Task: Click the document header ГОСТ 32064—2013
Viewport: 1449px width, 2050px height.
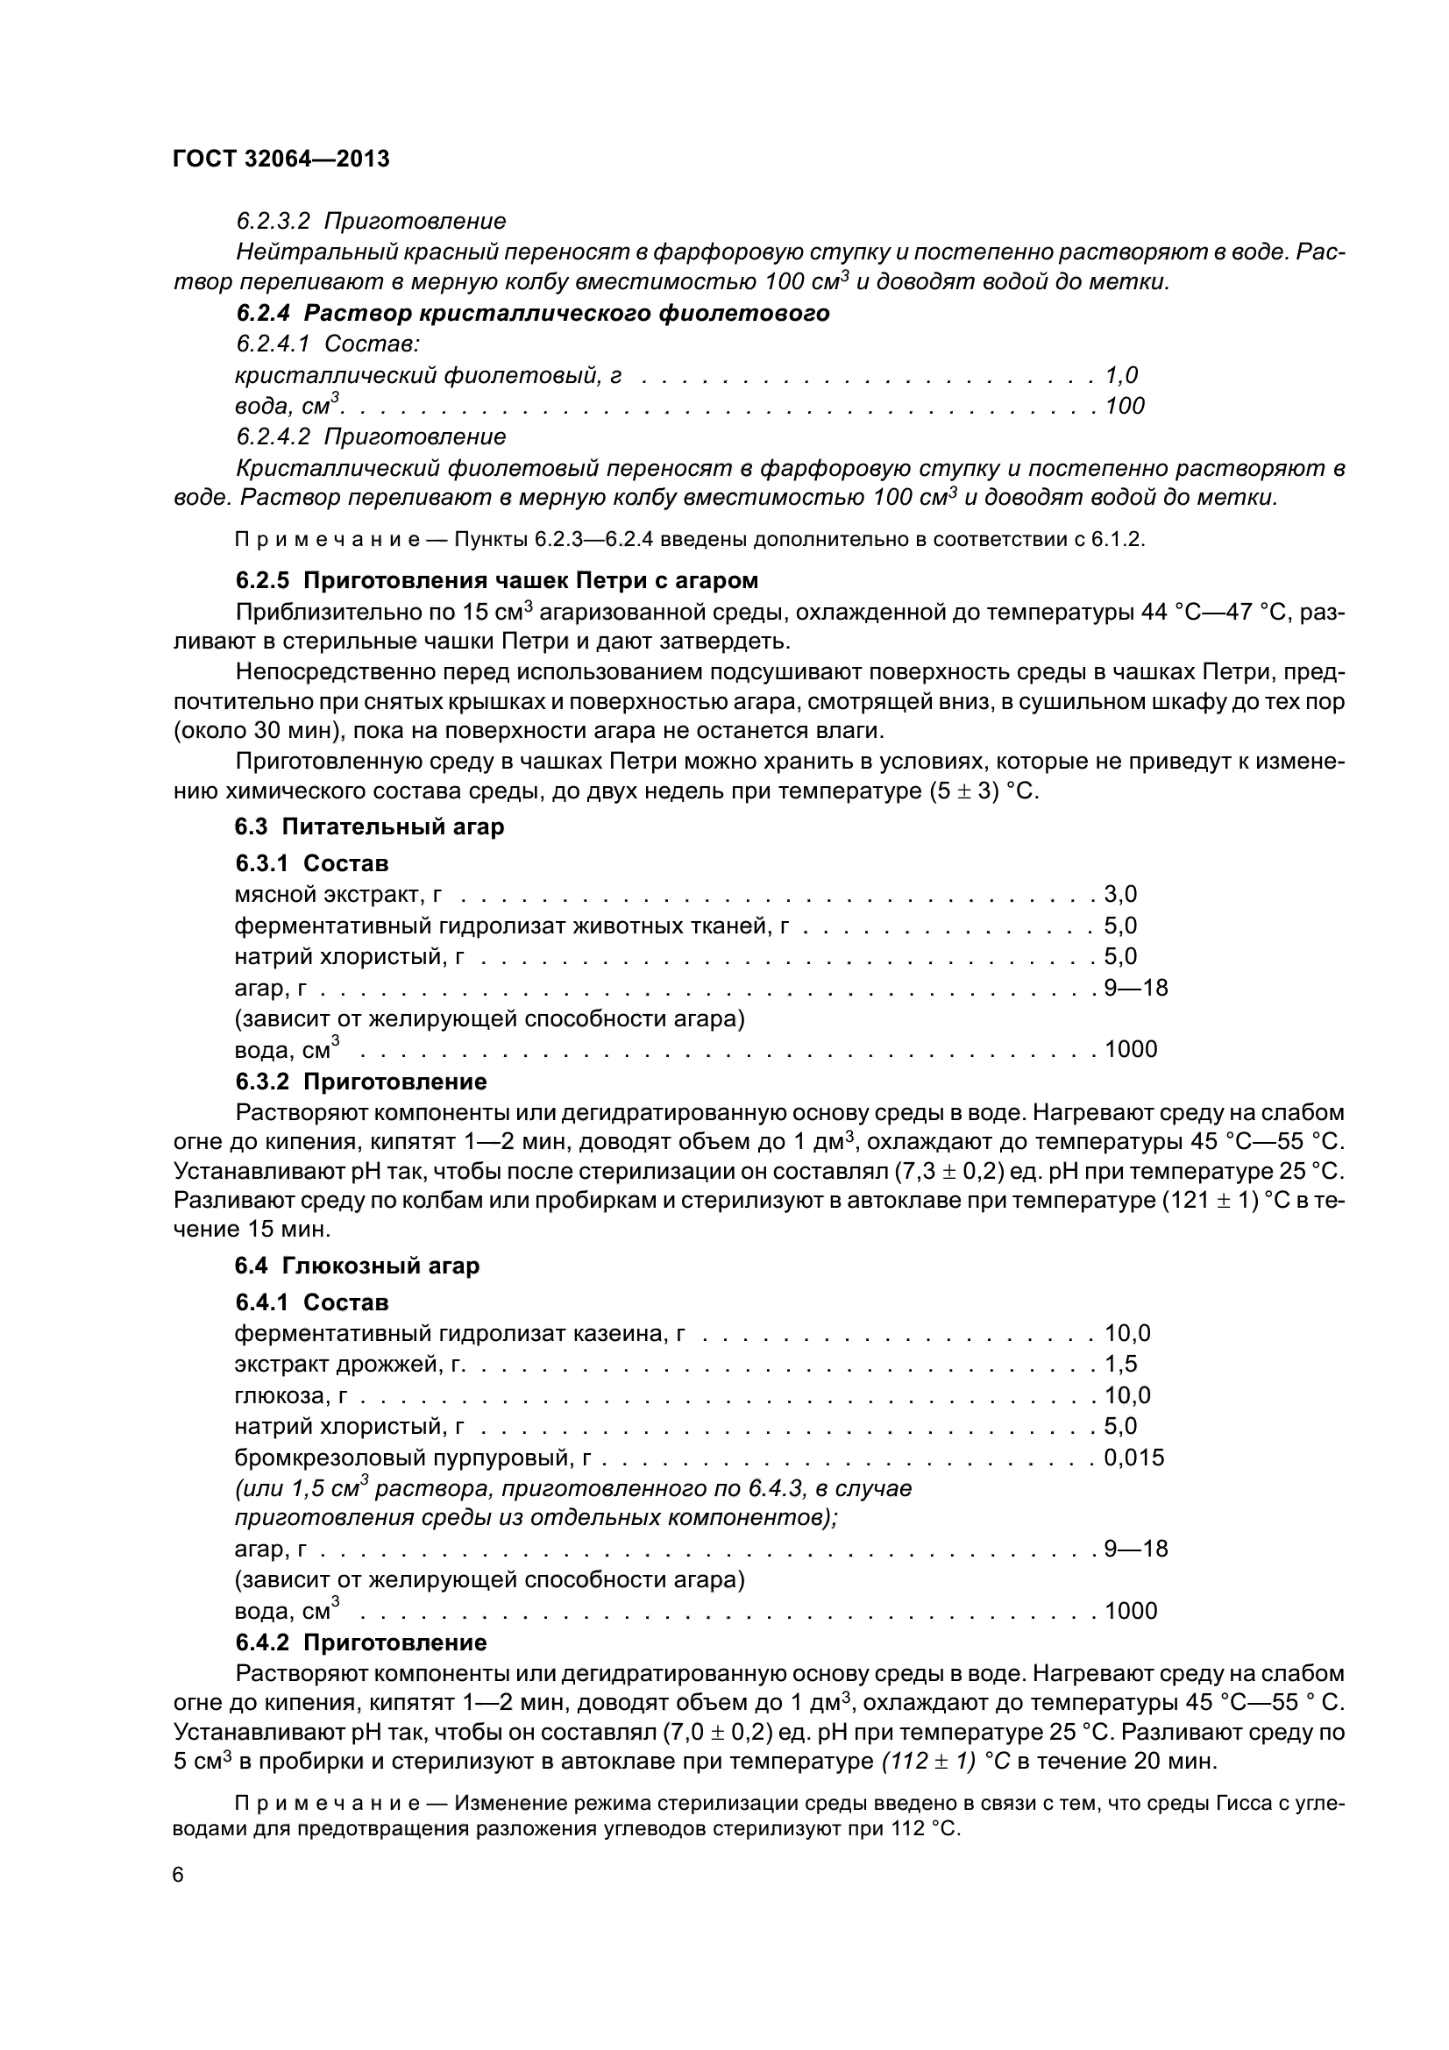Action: click(281, 159)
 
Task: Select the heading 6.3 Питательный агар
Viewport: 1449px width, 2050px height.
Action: click(370, 826)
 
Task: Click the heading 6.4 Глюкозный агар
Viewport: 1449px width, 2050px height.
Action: click(357, 1266)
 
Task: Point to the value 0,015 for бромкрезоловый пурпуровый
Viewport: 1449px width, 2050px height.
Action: click(1133, 1458)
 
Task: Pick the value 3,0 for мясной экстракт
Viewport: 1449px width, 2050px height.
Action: click(1120, 895)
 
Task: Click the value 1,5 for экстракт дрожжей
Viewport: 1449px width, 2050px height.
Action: click(1120, 1365)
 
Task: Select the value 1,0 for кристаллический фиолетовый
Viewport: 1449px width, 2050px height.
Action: click(1121, 375)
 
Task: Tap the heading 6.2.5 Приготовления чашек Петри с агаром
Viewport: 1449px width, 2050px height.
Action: click(496, 580)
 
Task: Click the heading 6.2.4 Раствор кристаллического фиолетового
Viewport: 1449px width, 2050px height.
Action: click(532, 314)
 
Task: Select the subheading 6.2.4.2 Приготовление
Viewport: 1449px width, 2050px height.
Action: click(371, 436)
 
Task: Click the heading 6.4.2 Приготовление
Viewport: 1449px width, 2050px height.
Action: click(360, 1642)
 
